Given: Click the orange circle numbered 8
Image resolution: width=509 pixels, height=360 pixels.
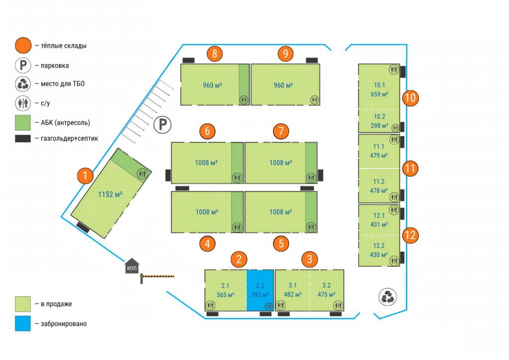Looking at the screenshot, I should (214, 54).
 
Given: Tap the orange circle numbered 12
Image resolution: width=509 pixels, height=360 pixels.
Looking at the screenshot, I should (410, 235).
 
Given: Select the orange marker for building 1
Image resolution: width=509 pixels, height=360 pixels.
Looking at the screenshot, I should (86, 176).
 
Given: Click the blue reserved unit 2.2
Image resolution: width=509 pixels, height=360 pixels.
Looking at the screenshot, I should (260, 290).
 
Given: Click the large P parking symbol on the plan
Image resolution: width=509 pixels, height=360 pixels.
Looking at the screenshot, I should (162, 125).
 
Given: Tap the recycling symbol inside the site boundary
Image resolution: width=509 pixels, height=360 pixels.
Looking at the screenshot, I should (387, 297).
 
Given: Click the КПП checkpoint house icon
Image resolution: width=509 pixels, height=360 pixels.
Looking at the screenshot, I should (132, 266).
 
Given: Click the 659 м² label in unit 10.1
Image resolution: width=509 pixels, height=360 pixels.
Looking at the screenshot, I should (379, 93).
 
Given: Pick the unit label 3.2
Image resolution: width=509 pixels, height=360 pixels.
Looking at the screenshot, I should (327, 285).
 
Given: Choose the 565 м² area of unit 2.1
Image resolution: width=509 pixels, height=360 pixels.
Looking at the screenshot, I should (225, 294).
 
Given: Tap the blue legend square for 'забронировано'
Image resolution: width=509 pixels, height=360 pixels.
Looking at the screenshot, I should (23, 324).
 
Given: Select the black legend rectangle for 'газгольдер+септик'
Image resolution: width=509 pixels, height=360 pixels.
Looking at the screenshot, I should (23, 139).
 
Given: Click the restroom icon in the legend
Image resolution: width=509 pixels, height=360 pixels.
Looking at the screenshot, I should (23, 102).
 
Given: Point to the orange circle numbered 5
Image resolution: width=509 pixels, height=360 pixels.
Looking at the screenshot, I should (281, 244).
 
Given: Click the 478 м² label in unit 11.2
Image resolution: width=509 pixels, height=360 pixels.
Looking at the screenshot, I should (379, 190).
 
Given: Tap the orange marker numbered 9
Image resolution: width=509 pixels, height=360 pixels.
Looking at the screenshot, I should (285, 54).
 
